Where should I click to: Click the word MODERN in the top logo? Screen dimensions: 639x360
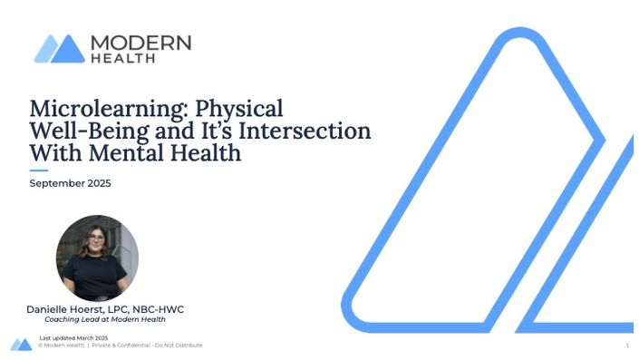click(141, 43)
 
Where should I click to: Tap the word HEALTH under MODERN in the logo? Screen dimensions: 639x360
click(123, 59)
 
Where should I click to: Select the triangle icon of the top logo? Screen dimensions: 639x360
click(60, 49)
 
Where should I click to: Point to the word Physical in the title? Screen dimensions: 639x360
click(239, 109)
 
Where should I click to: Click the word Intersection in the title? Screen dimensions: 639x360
click(305, 131)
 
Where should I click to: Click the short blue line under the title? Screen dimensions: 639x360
click(39, 170)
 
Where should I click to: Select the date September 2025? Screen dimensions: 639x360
click(70, 183)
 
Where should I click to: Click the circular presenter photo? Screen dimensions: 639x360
click(97, 258)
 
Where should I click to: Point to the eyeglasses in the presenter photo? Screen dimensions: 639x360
click(96, 238)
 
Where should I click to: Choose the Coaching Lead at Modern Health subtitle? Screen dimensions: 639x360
click(105, 319)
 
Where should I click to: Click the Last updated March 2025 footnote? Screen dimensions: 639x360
click(73, 338)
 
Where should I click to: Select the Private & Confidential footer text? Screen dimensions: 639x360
click(147, 345)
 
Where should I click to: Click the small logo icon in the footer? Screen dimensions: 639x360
click(21, 345)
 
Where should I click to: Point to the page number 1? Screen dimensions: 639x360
click(627, 345)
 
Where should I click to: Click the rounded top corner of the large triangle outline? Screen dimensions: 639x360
click(520, 33)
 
